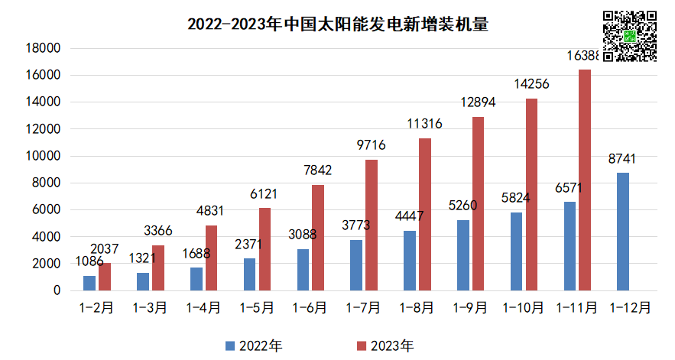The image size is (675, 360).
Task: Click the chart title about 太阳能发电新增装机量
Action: coord(337,24)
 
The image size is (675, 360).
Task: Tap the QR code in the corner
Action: coord(630,36)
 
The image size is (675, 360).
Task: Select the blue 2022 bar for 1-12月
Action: coord(623,232)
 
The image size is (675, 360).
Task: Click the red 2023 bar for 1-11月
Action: coord(585,180)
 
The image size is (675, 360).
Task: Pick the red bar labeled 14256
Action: coord(531,195)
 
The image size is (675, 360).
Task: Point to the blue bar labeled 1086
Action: coord(89,283)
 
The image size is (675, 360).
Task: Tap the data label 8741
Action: coord(623,159)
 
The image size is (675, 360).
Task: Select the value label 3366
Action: coord(159,231)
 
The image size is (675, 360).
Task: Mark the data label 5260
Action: coord(463,206)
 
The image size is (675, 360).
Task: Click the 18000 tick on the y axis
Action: coord(44,48)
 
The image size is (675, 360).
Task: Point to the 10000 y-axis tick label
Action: coord(44,156)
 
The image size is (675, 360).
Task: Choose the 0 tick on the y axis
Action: coord(56,290)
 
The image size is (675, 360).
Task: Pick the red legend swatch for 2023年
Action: coord(362,345)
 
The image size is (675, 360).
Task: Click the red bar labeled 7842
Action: coord(318,238)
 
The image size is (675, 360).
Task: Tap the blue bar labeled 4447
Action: coord(410,261)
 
